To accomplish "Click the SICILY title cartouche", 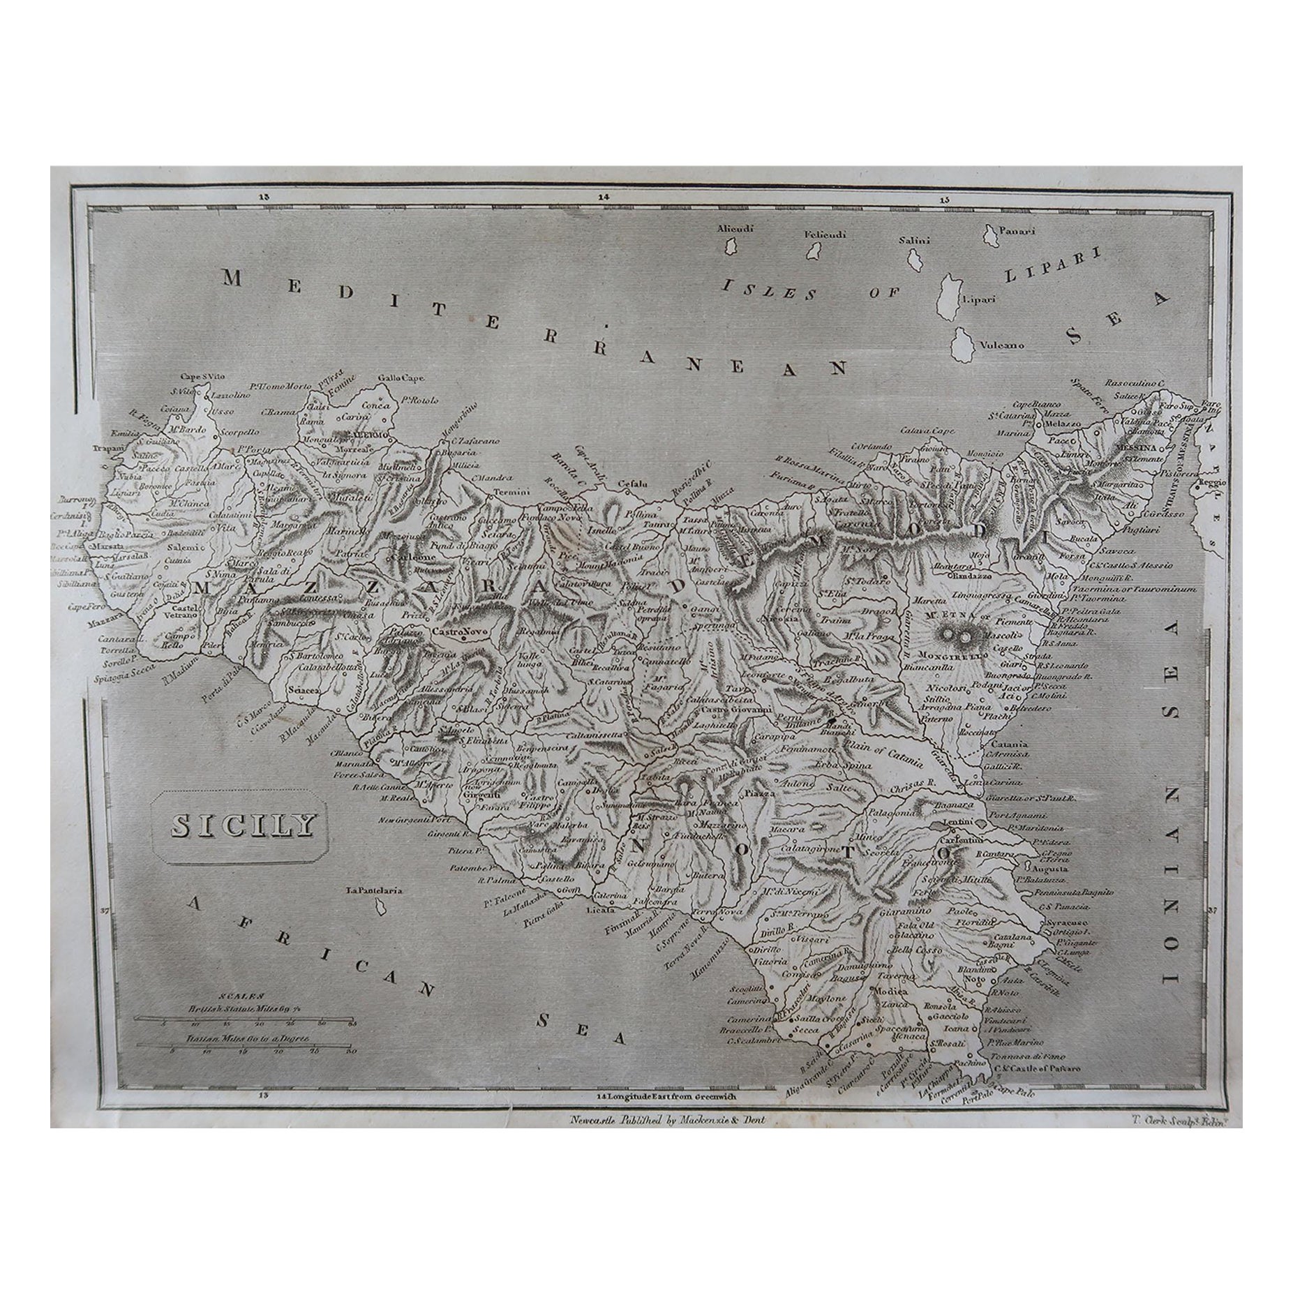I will (230, 826).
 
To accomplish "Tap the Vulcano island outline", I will (966, 347).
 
